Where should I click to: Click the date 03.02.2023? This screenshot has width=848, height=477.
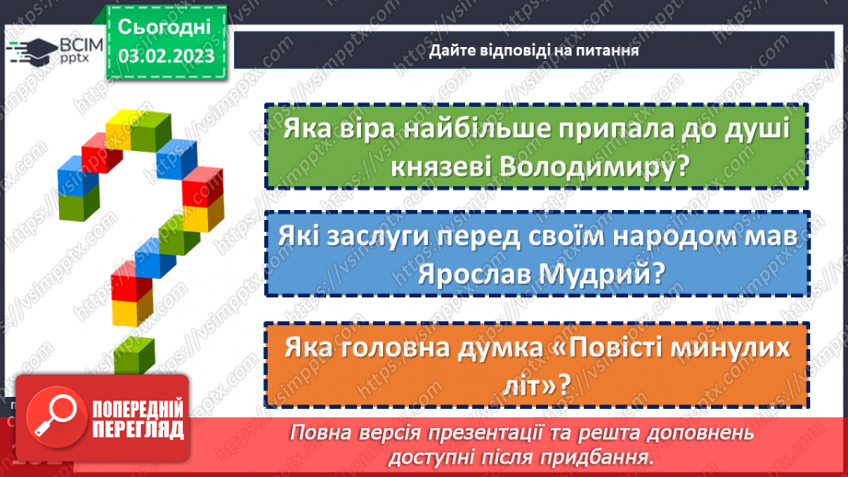point(166,56)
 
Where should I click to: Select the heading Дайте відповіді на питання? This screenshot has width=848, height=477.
point(534,51)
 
